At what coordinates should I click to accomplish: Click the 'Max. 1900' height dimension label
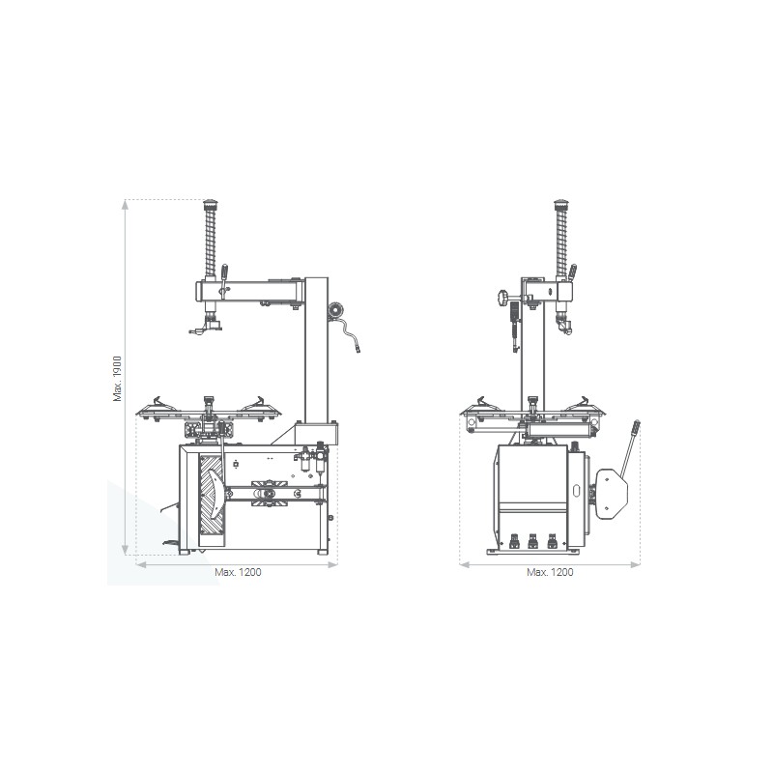pyautogui.click(x=117, y=379)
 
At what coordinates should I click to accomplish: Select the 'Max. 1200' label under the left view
pyautogui.click(x=238, y=572)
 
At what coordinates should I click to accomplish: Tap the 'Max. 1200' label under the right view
pyautogui.click(x=550, y=572)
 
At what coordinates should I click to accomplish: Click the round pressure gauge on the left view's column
pyautogui.click(x=335, y=309)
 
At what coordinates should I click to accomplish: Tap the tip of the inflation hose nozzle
pyautogui.click(x=358, y=351)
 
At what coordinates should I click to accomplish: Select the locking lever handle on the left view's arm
pyautogui.click(x=224, y=272)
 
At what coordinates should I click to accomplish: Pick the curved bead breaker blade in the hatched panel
pyautogui.click(x=215, y=493)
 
